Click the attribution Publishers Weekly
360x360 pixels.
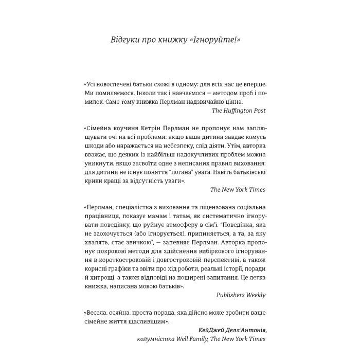(238, 295)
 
